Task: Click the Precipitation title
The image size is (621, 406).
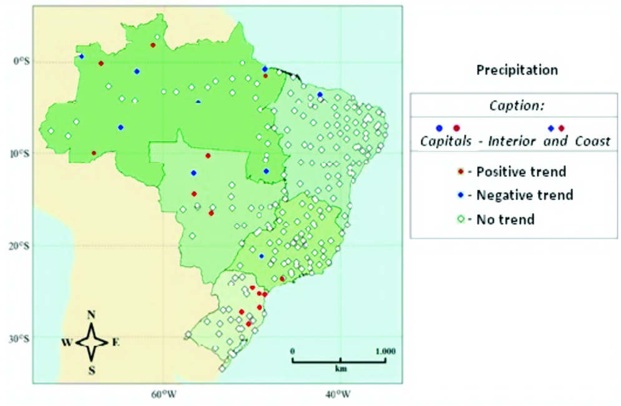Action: click(517, 70)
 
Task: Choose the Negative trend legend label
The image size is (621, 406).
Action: click(524, 195)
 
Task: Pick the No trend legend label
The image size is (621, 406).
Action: click(506, 219)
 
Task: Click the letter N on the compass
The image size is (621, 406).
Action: click(91, 315)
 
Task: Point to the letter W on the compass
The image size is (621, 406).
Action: click(66, 342)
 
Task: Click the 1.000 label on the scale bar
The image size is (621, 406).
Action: click(384, 351)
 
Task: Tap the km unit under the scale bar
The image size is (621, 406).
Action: click(340, 369)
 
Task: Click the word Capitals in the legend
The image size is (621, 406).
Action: click(446, 141)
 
